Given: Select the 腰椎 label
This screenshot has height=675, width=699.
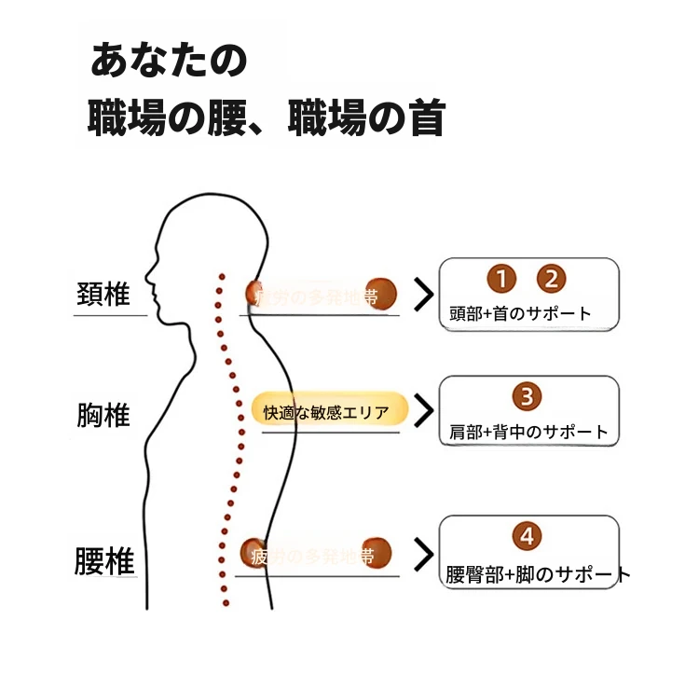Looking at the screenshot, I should (104, 561).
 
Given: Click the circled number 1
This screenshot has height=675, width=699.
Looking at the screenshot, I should (501, 279).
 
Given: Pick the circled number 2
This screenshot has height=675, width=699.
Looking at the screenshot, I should (551, 279).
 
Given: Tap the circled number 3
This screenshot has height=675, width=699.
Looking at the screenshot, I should (528, 397).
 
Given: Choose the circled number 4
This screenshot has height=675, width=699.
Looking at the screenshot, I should (528, 537).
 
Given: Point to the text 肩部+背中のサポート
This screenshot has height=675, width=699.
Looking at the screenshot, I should (528, 432).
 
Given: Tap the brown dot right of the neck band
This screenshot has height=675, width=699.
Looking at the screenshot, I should (380, 294).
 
